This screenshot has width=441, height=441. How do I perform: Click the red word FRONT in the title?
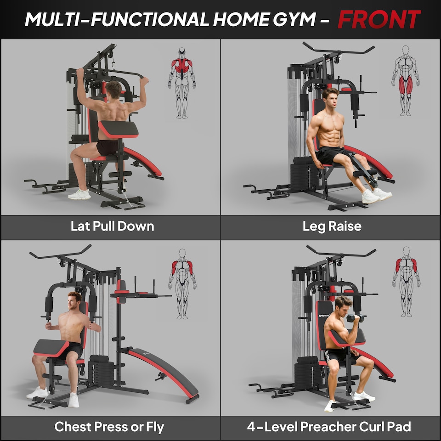click(379, 19)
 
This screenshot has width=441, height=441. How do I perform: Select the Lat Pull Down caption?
click(112, 226)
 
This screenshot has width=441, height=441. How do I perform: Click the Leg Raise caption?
click(332, 226)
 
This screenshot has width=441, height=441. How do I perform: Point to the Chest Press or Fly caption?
click(109, 427)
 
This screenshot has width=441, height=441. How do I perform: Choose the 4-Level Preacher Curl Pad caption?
click(329, 427)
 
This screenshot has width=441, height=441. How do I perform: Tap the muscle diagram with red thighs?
click(405, 80)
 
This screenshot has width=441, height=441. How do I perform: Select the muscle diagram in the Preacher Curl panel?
click(406, 281)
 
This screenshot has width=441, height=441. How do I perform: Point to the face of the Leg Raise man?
click(331, 99)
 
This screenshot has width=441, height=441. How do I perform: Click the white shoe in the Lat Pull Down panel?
click(79, 194)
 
